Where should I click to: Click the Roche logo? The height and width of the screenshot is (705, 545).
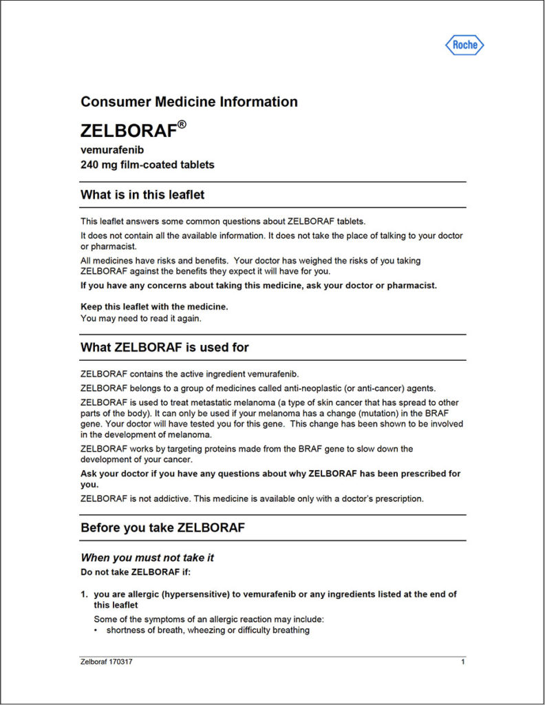tap(465, 45)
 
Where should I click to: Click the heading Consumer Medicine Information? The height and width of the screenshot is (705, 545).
tap(189, 102)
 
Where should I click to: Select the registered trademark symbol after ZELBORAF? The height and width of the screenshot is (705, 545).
tap(182, 125)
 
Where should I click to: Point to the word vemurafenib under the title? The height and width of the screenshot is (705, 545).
tap(112, 149)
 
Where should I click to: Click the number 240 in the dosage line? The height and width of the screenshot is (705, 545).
tap(90, 165)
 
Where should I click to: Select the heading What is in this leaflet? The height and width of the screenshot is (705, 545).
tap(142, 195)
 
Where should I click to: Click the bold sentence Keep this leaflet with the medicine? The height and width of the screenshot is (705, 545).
tap(154, 306)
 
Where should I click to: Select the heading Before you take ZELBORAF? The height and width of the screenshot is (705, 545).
tap(162, 529)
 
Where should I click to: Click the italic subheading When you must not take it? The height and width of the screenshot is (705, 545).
tap(152, 558)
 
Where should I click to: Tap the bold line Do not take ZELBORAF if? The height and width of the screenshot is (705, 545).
tap(136, 571)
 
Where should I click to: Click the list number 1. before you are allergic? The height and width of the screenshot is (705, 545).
tap(85, 594)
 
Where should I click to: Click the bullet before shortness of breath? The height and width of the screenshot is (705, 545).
tap(97, 630)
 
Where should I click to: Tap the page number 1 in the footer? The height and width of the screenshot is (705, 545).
tap(463, 662)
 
